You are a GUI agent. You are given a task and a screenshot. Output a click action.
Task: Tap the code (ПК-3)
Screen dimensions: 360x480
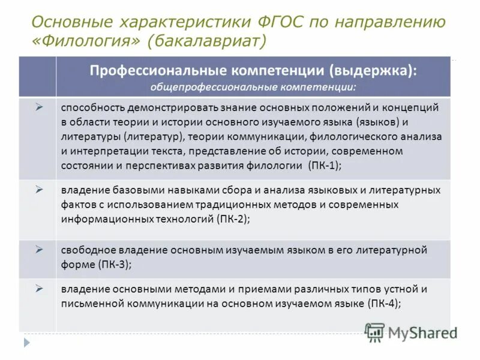(114, 264)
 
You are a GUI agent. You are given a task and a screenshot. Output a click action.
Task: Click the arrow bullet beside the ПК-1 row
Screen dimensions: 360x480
(38, 107)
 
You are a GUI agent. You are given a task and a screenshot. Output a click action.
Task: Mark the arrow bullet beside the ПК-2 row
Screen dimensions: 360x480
(38, 189)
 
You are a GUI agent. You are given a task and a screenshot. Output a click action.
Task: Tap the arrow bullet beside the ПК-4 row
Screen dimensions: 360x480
(38, 289)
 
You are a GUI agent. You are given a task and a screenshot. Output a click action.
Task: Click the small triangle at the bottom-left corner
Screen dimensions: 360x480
(26, 343)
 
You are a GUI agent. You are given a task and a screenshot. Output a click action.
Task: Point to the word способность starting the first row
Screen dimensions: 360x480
(92, 107)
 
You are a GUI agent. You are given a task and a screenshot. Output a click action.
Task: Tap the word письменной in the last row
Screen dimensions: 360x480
(89, 304)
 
